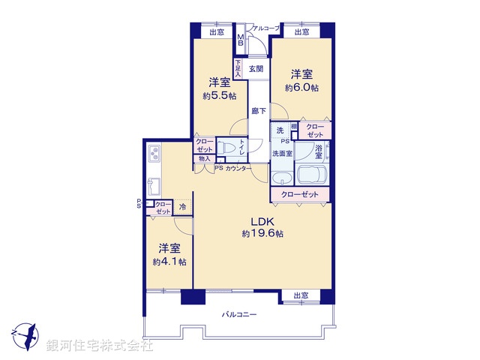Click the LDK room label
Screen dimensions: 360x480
pyautogui.click(x=262, y=222)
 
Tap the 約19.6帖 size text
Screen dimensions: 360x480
pyautogui.click(x=262, y=234)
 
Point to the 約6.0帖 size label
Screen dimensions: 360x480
pyautogui.click(x=301, y=87)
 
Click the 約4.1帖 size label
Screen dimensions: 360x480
pyautogui.click(x=169, y=261)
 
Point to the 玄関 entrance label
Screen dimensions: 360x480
pyautogui.click(x=256, y=69)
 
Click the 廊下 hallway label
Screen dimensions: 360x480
pyautogui.click(x=258, y=111)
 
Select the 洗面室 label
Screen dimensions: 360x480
pyautogui.click(x=281, y=154)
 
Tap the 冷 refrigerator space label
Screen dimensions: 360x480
pyautogui.click(x=182, y=206)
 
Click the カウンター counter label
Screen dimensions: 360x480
pyautogui.click(x=238, y=169)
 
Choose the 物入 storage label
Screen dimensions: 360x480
pyautogui.click(x=204, y=158)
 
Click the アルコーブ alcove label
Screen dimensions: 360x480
pyautogui.click(x=265, y=28)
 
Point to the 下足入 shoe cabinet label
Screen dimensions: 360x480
pyautogui.click(x=238, y=69)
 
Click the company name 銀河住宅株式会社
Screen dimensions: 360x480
pyautogui.click(x=100, y=346)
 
